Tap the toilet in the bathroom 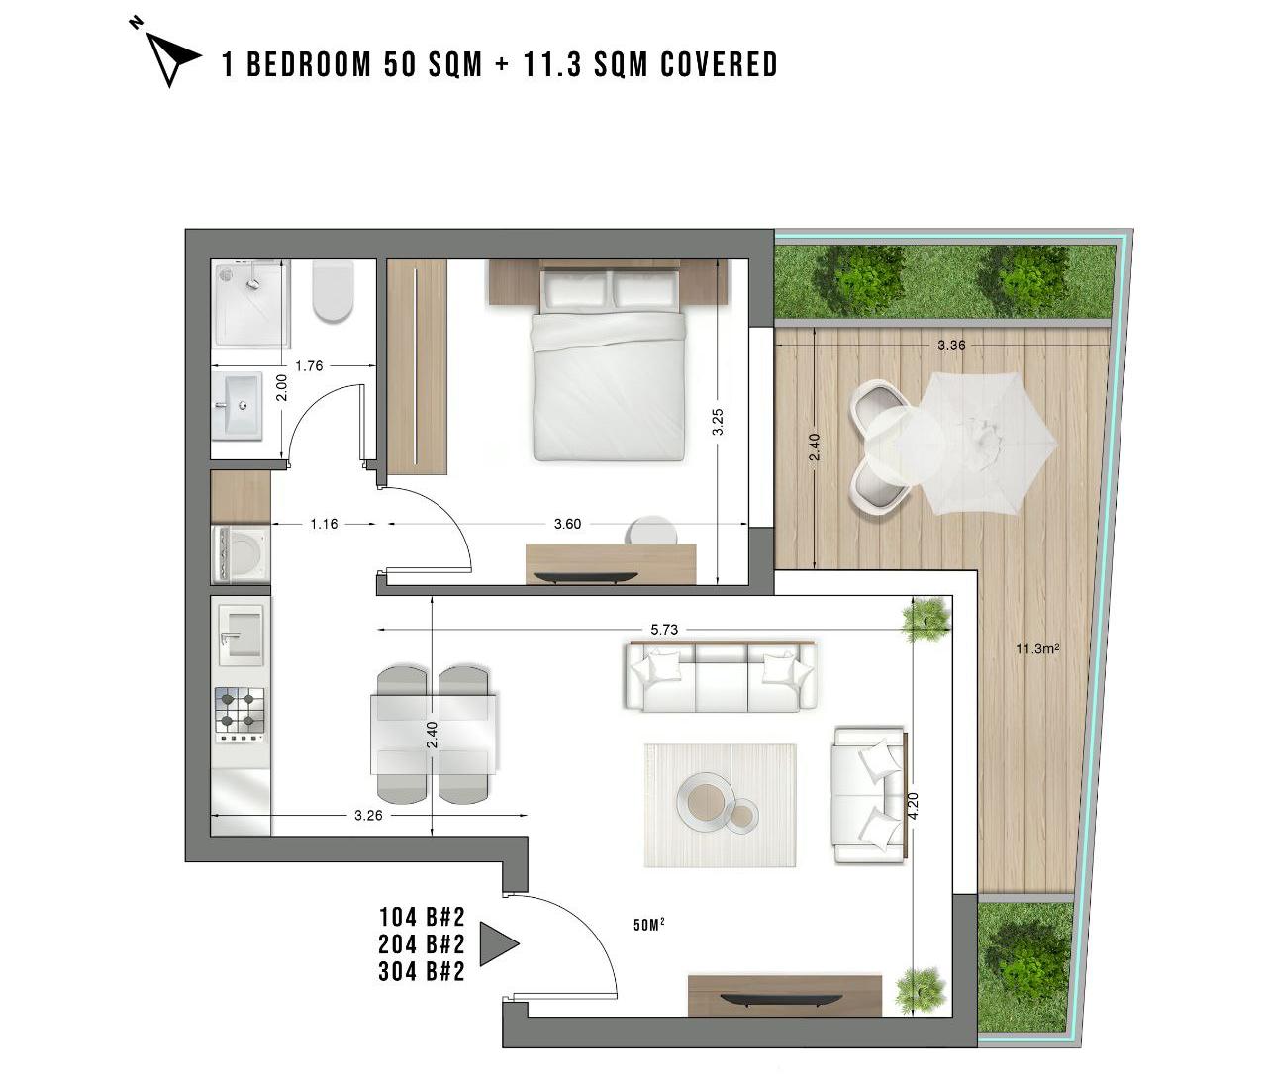(333, 291)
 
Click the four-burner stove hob (240, 715)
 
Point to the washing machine (241, 554)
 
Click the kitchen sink (241, 634)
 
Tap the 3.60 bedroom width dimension (567, 524)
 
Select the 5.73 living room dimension (664, 630)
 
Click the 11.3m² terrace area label (1037, 648)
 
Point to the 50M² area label (649, 925)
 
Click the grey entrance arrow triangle (498, 943)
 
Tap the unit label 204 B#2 (422, 944)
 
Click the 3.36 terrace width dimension (951, 346)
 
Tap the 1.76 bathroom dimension (309, 366)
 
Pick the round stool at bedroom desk (652, 531)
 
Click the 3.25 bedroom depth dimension (718, 422)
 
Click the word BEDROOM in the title (309, 64)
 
